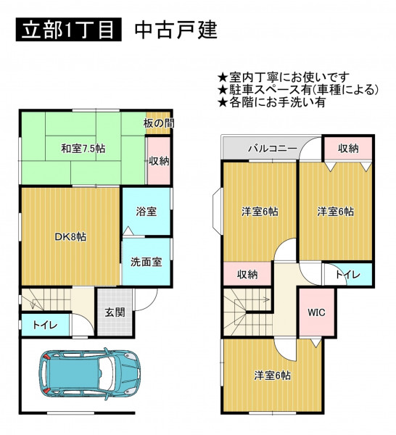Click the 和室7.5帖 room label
tap(83, 149)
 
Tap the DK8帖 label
tap(70, 236)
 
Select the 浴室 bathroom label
tap(147, 212)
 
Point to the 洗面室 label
tap(147, 262)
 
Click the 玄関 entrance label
tap(115, 312)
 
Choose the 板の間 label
tap(159, 123)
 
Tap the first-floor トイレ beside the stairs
tap(45, 325)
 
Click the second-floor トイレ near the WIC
tap(347, 275)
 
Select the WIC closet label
tap(316, 312)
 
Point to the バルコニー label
tap(272, 149)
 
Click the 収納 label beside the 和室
tap(159, 161)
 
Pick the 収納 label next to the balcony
tap(348, 149)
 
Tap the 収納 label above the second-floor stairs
tap(247, 275)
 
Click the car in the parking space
tap(89, 374)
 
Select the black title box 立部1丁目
tap(69, 30)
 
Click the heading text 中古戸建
tap(176, 30)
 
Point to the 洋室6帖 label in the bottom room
tap(273, 376)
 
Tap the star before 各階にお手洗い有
tap(223, 103)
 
